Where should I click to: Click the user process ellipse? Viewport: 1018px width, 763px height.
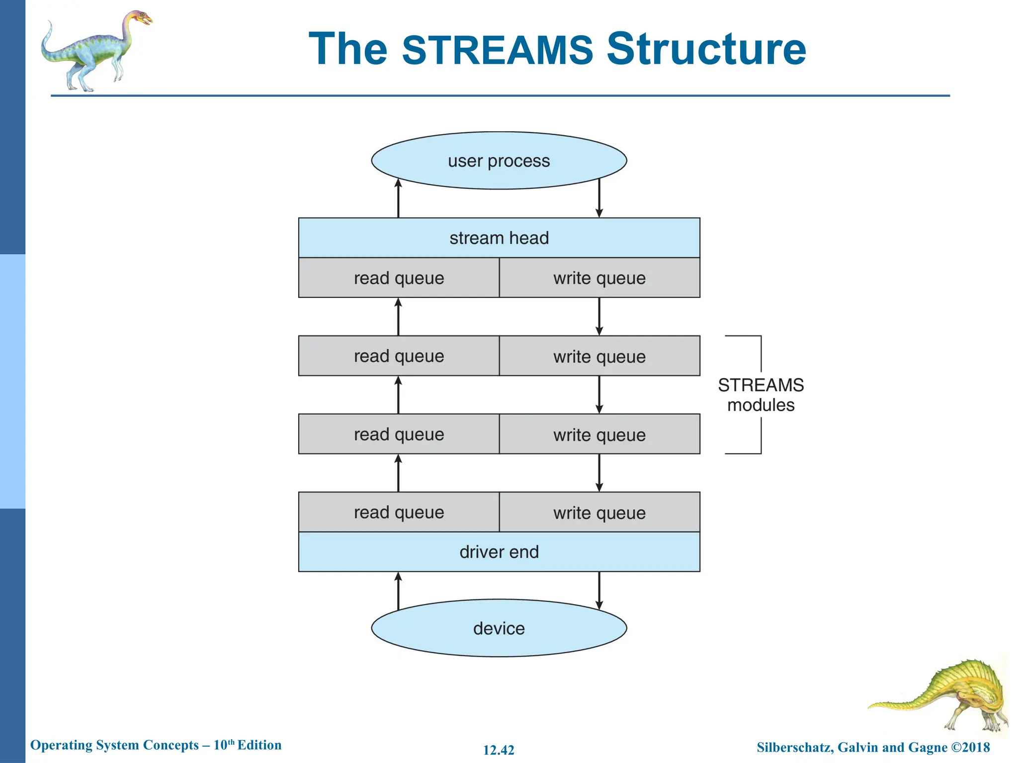499,160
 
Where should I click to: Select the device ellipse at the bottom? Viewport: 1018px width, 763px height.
499,628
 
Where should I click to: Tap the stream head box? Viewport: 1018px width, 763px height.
499,238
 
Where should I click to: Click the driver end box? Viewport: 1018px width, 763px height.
499,552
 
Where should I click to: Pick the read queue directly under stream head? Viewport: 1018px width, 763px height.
399,278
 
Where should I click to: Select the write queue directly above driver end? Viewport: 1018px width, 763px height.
599,512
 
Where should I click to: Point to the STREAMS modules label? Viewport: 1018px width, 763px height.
761,395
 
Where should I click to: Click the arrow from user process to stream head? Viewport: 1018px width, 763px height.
599,199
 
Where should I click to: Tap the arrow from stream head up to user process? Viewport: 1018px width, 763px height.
398,199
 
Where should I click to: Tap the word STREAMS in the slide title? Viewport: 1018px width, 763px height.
497,50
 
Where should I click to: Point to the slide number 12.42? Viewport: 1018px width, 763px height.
499,750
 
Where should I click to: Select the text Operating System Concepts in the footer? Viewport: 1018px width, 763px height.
114,745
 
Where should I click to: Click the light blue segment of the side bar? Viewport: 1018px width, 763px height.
12,381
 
